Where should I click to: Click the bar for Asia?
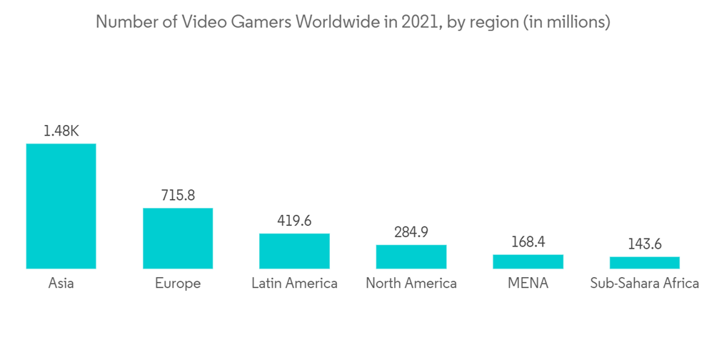click(61, 206)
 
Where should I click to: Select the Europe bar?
click(178, 239)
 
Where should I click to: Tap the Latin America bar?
click(294, 251)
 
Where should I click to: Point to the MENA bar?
click(528, 261)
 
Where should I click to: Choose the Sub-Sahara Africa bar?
click(645, 263)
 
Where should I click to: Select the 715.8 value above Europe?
click(178, 195)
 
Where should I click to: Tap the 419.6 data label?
click(294, 221)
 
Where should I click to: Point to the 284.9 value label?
click(411, 232)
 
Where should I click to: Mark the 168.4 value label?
click(528, 242)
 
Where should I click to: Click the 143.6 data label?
click(645, 244)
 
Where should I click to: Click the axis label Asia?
click(61, 284)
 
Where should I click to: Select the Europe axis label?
click(178, 284)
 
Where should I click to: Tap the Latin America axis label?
click(294, 284)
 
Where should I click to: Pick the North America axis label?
click(411, 284)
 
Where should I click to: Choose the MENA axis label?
click(528, 284)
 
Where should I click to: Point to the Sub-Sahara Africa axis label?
click(645, 284)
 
